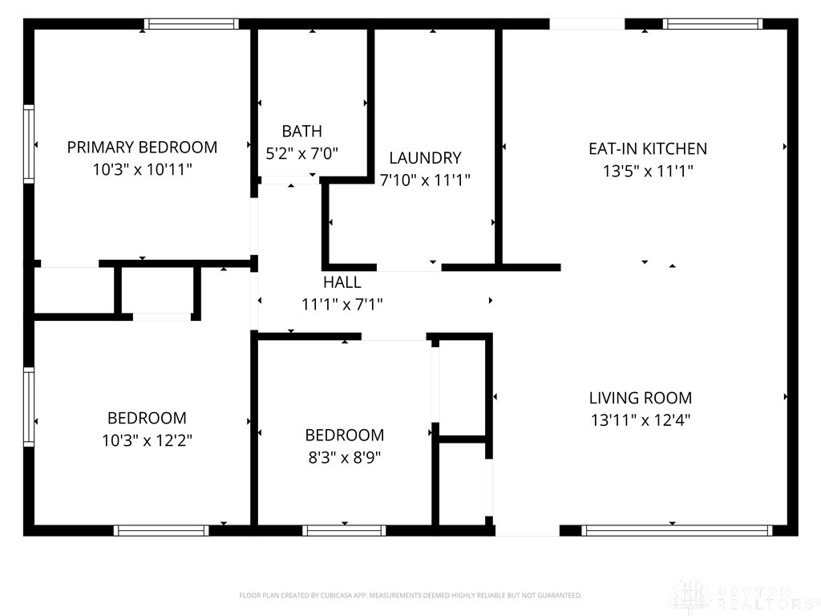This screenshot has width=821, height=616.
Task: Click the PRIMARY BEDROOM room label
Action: [142, 148]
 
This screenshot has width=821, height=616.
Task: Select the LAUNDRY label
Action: [425, 158]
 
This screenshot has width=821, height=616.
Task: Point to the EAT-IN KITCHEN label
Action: [648, 148]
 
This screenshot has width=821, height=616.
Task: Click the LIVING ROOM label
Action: [640, 398]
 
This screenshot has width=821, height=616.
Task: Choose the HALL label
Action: [342, 282]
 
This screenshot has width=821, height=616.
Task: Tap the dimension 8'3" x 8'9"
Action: [344, 458]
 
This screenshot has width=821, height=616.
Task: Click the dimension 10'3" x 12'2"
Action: [147, 440]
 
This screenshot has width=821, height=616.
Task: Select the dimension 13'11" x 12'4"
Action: [640, 419]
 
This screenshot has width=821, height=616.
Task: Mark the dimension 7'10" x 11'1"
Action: [425, 180]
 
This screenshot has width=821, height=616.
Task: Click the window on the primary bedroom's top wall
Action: [192, 24]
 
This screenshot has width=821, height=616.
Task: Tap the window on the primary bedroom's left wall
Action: [29, 144]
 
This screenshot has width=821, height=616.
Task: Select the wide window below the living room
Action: [676, 530]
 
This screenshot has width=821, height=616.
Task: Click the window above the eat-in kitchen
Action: [713, 24]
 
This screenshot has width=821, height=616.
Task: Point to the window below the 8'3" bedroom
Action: [344, 530]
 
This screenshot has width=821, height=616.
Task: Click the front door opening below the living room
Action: [527, 530]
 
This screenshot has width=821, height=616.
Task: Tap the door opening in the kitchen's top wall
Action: [587, 24]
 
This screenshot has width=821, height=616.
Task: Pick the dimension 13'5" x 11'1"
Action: [648, 171]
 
